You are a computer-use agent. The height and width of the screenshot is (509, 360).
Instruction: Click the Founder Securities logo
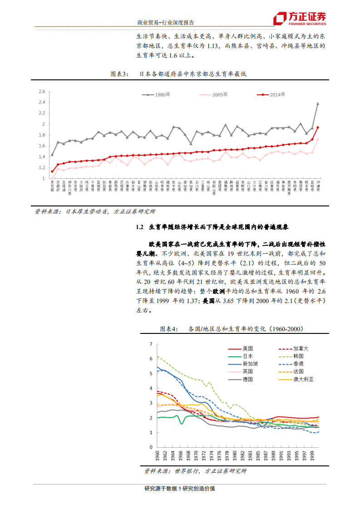[299, 19]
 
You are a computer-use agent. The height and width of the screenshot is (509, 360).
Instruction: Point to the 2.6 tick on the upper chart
[42, 91]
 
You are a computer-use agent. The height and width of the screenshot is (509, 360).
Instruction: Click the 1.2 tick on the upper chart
[42, 167]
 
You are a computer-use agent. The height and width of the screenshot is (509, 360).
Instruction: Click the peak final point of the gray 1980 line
[318, 103]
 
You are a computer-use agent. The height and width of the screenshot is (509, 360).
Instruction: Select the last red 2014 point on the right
[318, 127]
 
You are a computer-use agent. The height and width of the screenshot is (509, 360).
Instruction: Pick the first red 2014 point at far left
[52, 171]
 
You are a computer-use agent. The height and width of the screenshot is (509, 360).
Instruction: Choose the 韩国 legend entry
[298, 356]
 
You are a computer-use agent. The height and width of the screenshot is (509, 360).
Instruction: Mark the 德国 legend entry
[248, 379]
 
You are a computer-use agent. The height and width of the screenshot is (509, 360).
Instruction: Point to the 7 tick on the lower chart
[151, 344]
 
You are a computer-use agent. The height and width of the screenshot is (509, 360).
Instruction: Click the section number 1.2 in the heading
[139, 227]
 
